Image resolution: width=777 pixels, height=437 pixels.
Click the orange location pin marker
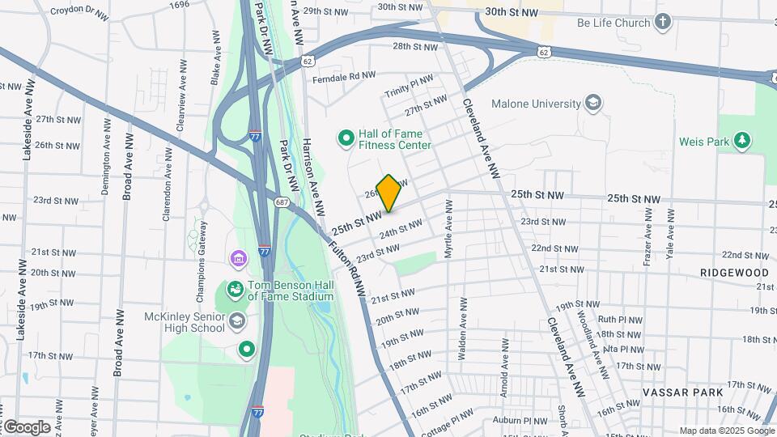(x=388, y=193)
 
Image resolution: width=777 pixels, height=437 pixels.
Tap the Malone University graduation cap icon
(x=593, y=103)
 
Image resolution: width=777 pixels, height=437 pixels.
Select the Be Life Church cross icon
(x=663, y=22)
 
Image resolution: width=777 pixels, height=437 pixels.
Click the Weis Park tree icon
(x=741, y=141)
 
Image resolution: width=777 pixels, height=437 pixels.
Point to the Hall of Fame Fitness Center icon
(x=346, y=138)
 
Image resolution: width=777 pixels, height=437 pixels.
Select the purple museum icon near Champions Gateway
(x=239, y=259)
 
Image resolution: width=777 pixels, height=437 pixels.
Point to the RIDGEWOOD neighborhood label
(x=734, y=273)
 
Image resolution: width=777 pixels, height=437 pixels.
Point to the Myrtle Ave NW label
(x=448, y=231)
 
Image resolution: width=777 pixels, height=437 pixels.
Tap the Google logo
(x=26, y=426)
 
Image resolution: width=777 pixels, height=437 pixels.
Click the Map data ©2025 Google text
(x=725, y=431)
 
